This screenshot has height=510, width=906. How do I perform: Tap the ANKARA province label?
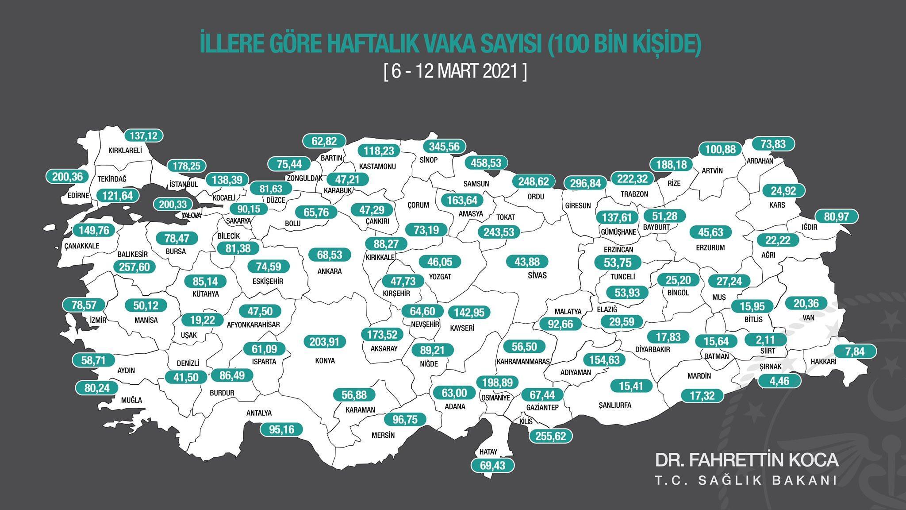pyautogui.click(x=330, y=271)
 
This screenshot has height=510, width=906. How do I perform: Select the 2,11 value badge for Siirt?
pyautogui.click(x=766, y=340)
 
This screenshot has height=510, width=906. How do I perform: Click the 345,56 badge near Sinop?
pyautogui.click(x=445, y=146)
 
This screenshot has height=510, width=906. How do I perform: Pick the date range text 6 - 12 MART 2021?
pyautogui.click(x=455, y=72)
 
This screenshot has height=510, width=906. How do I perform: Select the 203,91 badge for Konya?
pyautogui.click(x=325, y=341)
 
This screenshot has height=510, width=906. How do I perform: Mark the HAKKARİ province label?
pyautogui.click(x=823, y=362)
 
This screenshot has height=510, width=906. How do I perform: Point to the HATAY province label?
pyautogui.click(x=488, y=452)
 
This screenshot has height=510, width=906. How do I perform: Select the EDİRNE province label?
pyautogui.click(x=78, y=196)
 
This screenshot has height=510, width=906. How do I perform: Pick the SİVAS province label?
pyautogui.click(x=537, y=275)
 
